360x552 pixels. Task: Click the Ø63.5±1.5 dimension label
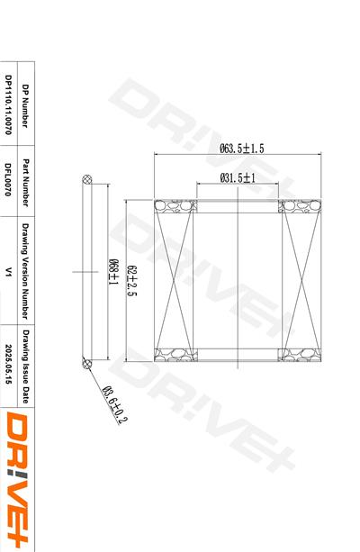(241, 149)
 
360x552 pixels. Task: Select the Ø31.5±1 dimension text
(238, 178)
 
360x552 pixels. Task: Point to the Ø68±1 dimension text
(114, 271)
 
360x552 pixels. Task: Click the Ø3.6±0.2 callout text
(114, 404)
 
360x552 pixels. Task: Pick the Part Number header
(25, 177)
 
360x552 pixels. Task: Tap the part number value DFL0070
(8, 177)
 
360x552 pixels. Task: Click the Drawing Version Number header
(25, 269)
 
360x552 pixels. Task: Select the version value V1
(8, 269)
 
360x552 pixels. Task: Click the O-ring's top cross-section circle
(87, 176)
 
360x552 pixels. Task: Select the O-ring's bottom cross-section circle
(87, 364)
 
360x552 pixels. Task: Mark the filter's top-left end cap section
(177, 206)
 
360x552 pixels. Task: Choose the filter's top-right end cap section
(300, 206)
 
